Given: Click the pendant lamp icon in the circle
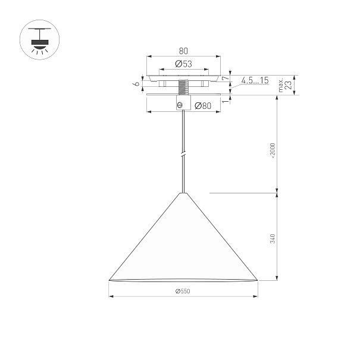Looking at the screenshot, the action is coord(39,40).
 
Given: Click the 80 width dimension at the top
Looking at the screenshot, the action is coord(183,51).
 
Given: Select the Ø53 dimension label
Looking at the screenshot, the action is coord(183,64).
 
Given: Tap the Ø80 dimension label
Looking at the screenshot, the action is coord(203,106).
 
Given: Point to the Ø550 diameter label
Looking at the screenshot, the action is coord(183,291).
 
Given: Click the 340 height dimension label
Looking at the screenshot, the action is coord(273,239).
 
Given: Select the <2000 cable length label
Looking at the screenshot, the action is coord(273,151).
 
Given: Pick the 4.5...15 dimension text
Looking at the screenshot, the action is coord(255,80).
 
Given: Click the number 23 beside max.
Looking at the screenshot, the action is coord(289,84).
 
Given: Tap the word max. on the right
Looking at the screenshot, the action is coord(281,86).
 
